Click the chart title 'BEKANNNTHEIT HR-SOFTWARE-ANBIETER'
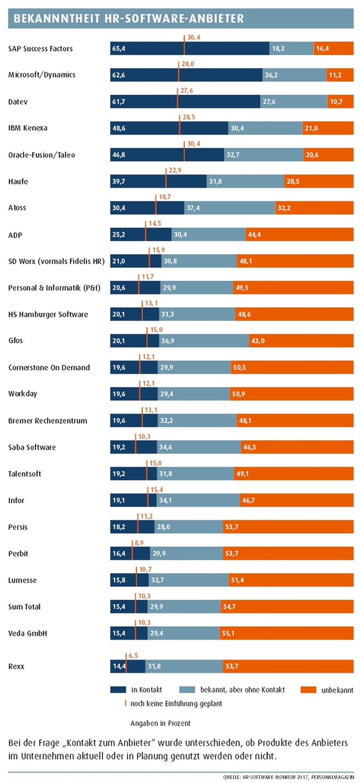click(128, 19)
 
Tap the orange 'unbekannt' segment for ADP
click(299, 235)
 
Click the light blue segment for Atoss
click(229, 208)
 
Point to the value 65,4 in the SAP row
click(119, 49)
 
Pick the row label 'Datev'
click(18, 102)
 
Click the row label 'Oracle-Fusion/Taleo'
click(42, 155)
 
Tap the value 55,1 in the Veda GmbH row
click(231, 633)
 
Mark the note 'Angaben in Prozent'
click(160, 723)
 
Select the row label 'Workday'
click(23, 394)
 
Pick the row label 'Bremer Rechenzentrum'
click(48, 421)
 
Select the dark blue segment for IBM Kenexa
click(169, 128)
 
